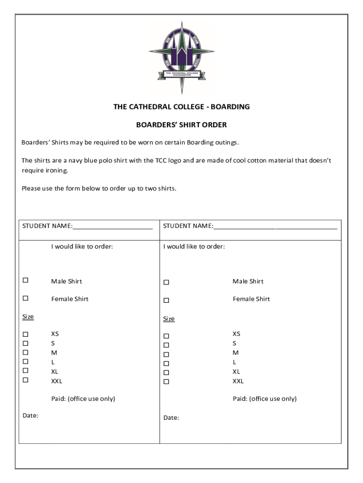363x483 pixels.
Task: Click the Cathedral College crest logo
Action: [x=181, y=57]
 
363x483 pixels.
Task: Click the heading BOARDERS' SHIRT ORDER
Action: [x=181, y=125]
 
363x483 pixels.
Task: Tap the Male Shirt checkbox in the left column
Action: [x=25, y=280]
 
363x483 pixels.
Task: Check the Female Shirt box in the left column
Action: [x=25, y=298]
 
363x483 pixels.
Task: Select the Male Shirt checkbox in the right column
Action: [x=166, y=283]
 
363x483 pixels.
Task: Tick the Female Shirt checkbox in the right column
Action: [x=166, y=300]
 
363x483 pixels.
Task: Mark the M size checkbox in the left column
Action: [x=25, y=352]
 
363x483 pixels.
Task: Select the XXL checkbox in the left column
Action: [x=25, y=380]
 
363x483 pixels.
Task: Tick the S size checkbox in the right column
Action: [x=166, y=345]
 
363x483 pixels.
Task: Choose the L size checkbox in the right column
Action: [x=166, y=364]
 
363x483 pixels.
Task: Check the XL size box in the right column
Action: [x=166, y=373]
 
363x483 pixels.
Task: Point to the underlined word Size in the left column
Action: [x=28, y=316]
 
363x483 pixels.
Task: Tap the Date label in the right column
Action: [x=171, y=418]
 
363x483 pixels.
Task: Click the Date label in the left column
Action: [x=30, y=416]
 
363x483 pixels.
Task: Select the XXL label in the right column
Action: [x=238, y=381]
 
